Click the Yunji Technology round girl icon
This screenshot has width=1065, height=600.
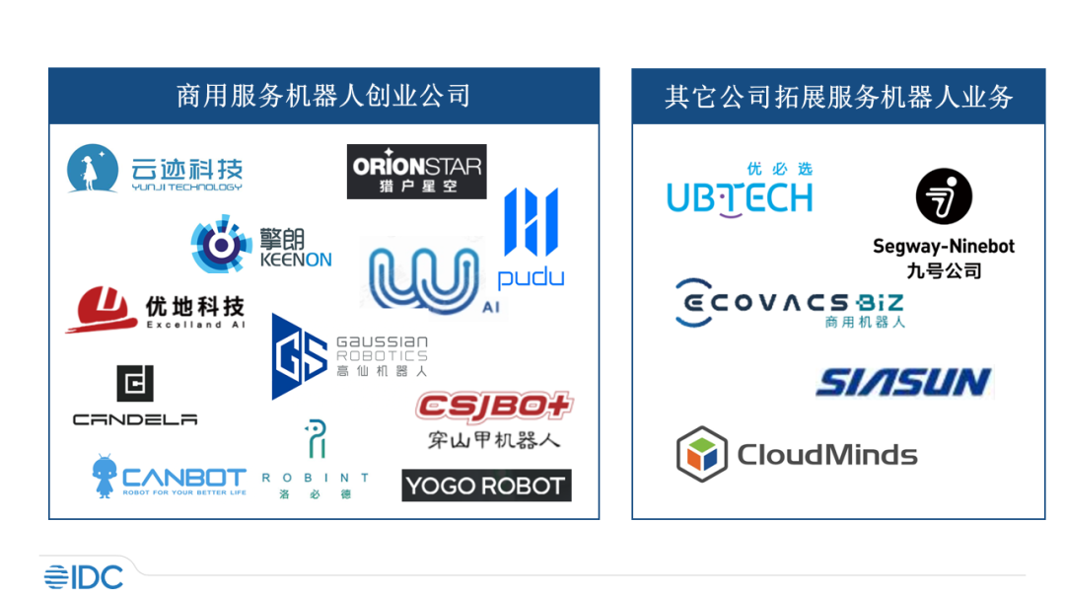click(x=93, y=169)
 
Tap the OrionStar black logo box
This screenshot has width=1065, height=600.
click(x=416, y=172)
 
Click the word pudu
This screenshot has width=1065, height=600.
click(x=532, y=277)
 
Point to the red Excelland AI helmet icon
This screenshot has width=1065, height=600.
click(x=101, y=309)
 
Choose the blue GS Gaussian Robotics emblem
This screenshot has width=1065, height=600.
click(x=299, y=356)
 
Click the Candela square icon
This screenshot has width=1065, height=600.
click(x=135, y=383)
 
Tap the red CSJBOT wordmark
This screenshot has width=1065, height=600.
click(x=494, y=407)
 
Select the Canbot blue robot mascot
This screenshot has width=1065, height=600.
click(x=104, y=477)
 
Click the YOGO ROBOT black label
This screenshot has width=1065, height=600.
click(x=486, y=486)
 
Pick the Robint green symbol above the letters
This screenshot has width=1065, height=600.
click(x=316, y=438)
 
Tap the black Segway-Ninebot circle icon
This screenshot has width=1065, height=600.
click(x=944, y=196)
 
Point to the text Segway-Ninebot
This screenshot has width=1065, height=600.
click(x=944, y=246)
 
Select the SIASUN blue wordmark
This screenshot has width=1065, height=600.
click(x=904, y=382)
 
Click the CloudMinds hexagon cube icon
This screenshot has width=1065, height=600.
click(x=702, y=454)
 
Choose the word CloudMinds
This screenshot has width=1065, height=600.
click(x=827, y=455)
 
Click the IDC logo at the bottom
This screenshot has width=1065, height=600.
click(x=84, y=577)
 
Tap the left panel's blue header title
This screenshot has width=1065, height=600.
click(x=323, y=96)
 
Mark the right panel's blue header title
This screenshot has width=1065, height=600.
click(x=839, y=97)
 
